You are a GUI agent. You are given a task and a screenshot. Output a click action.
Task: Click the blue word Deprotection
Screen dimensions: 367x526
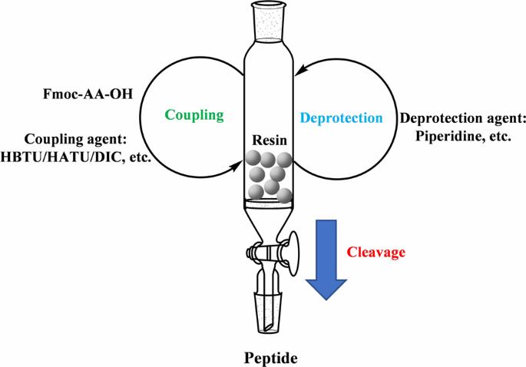(x=341, y=119)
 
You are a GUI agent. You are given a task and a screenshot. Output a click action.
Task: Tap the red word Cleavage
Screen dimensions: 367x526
(x=375, y=250)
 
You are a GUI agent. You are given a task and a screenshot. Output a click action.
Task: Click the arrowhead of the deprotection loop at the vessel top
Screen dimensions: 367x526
(x=303, y=69)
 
